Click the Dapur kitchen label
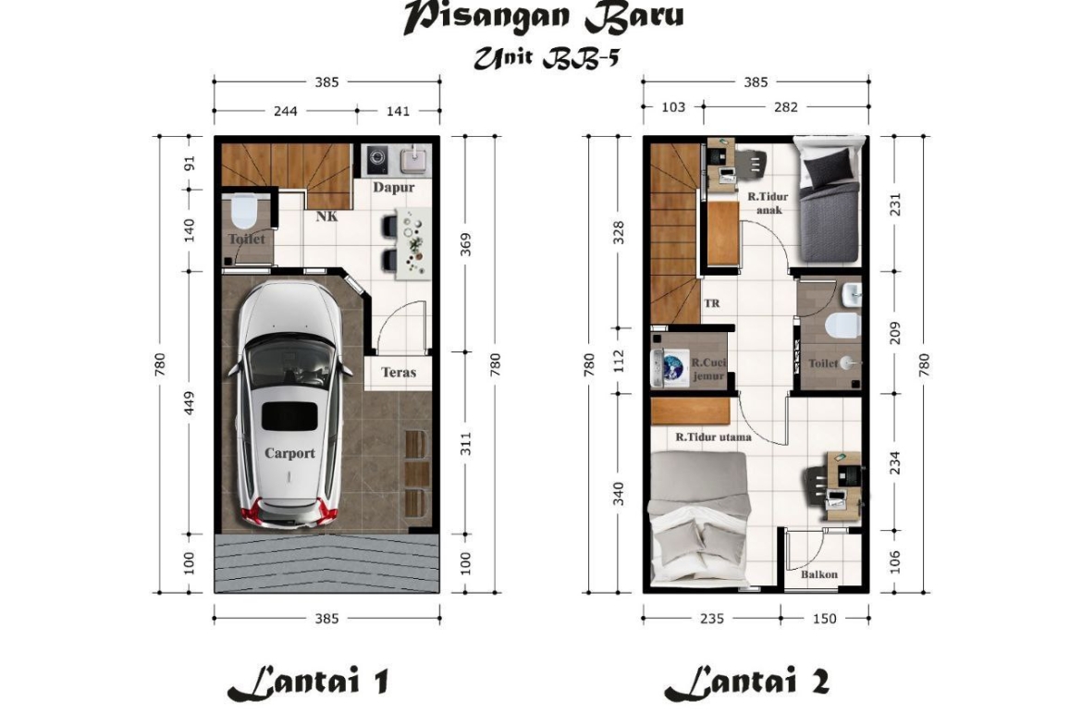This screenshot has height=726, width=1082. (393, 188)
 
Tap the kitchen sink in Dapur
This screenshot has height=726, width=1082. (413, 159)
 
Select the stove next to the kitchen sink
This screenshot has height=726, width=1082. (377, 159)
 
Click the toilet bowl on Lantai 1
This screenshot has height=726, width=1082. (243, 212)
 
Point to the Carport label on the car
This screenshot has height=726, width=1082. (289, 453)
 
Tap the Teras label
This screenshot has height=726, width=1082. (399, 373)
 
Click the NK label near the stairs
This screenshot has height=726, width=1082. (327, 216)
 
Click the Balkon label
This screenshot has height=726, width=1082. (819, 574)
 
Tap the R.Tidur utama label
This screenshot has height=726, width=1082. (714, 437)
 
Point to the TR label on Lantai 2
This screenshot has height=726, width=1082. (711, 303)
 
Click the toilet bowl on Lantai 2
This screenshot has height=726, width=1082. (843, 326)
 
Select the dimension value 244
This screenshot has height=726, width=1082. (286, 110)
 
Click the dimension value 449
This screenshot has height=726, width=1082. (190, 404)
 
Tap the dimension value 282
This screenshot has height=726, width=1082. (786, 107)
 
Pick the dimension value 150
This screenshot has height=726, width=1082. (825, 619)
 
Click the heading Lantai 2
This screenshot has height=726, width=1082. (746, 682)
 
